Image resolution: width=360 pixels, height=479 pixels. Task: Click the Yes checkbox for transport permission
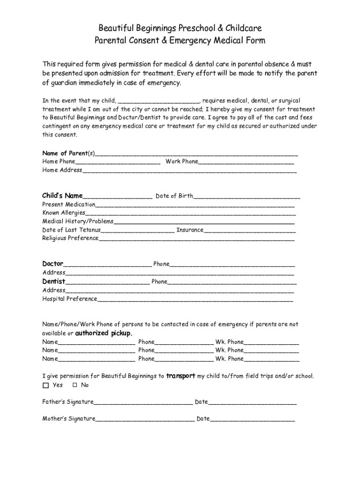coord(45,385)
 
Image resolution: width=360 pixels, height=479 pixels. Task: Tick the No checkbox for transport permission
coord(75,385)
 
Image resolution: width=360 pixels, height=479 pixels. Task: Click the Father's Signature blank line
coord(143,403)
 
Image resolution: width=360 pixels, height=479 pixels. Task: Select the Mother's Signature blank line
coord(145,420)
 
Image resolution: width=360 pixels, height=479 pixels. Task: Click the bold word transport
coord(180,376)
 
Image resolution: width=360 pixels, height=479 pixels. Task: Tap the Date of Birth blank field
coord(247,197)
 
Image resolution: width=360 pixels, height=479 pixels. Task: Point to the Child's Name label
coord(62,196)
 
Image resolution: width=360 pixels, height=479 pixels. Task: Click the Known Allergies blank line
coord(190,214)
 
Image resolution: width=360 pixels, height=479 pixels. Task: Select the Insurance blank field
coord(250,231)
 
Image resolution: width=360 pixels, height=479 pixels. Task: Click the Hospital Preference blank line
coord(195,299)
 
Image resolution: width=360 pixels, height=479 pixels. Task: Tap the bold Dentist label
coord(54,282)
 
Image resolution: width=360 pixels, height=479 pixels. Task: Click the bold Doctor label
coord(53,264)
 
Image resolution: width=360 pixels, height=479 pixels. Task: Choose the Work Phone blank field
coord(246,162)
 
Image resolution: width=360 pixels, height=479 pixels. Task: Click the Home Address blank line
coord(189,171)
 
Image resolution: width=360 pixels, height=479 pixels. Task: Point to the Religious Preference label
coord(70,238)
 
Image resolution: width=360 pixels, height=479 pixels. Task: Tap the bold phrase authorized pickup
coord(104,333)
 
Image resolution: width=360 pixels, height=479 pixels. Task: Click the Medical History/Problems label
coord(78,221)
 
